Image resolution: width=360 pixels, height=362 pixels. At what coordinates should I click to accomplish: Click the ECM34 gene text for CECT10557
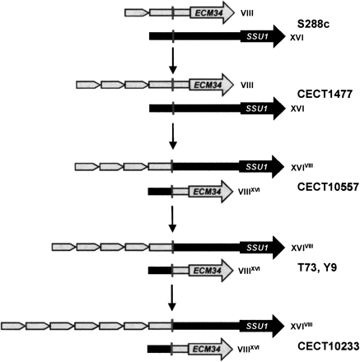pos(203,191)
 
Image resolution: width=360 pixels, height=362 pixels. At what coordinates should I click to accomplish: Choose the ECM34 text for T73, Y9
pos(203,270)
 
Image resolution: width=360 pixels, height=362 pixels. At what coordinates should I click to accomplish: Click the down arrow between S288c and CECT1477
pos(172,60)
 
